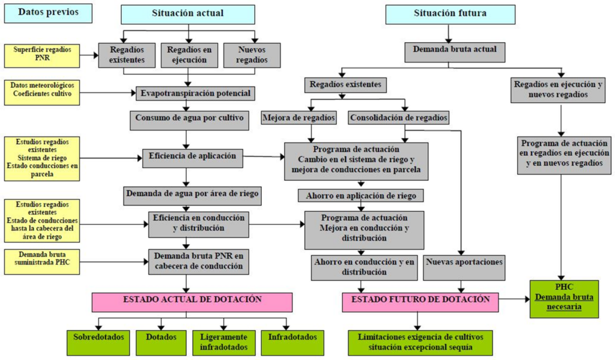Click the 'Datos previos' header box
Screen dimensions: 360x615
(48, 13)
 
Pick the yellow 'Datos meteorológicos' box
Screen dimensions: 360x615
(41, 93)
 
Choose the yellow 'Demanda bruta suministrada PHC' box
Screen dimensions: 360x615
(41, 261)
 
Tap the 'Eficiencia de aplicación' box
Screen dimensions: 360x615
(192, 157)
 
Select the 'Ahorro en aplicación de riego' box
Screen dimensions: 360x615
(360, 195)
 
